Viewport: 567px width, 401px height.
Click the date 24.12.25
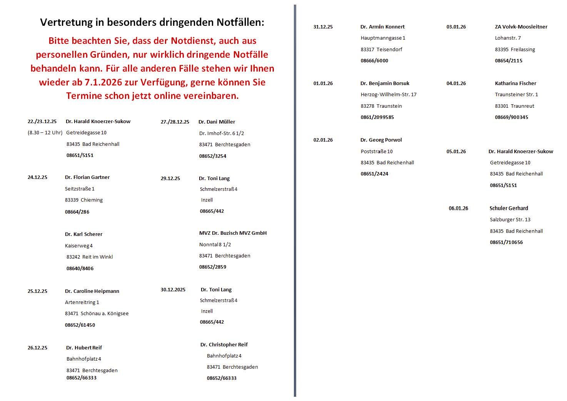point(37,177)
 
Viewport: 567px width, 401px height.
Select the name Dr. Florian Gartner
point(87,177)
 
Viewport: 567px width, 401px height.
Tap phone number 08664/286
point(77,212)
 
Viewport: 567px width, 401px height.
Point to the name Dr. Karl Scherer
point(83,234)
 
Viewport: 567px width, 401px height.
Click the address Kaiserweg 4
point(79,246)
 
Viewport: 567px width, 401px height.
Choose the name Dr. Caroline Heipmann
point(92,291)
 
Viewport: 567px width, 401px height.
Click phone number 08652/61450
point(80,325)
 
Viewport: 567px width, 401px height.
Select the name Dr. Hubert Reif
point(84,348)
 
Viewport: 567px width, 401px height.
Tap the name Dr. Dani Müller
point(217,122)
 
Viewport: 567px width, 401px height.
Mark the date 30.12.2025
point(173,289)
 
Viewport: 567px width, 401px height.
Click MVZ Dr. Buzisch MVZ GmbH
point(233,233)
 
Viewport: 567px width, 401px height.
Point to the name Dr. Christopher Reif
point(224,344)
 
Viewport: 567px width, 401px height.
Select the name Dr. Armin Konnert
point(382,27)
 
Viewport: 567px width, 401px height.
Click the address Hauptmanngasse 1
point(383,38)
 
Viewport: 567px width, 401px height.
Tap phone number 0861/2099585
point(377,117)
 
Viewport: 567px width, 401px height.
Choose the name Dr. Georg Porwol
point(381,140)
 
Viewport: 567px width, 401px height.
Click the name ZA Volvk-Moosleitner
point(521,27)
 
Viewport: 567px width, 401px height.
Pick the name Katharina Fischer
point(515,83)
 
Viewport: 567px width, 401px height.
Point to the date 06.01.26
point(459,208)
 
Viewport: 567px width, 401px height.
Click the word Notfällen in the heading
point(237,22)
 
